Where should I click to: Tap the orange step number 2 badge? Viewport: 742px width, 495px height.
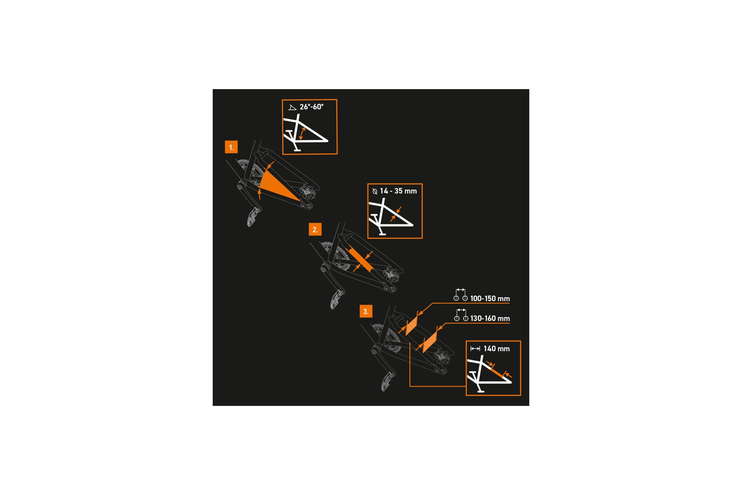coord(315,230)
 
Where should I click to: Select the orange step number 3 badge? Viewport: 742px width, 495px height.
coord(366,312)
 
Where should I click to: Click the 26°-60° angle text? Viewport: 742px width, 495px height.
coord(312,107)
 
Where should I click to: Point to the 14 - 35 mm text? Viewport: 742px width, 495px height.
coord(399,191)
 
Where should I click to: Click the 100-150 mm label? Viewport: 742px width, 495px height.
coord(490,299)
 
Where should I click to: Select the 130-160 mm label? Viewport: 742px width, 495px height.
coord(490,319)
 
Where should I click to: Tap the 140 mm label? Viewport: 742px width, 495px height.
coord(497,349)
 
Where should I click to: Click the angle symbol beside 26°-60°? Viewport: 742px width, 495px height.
coord(292,107)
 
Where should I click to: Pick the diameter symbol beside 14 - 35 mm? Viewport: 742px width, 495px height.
coord(375,191)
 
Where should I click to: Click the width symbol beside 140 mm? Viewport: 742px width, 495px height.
coord(475,349)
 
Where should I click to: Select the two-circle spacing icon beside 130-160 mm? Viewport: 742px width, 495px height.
coord(461,315)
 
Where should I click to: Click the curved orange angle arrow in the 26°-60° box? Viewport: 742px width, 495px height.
coord(302,134)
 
